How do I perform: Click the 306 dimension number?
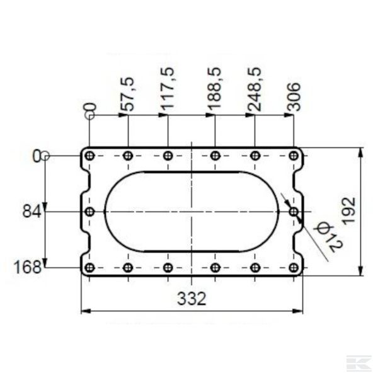[x=294, y=97]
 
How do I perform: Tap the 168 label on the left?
[x=29, y=268]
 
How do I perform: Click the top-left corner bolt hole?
[x=89, y=156]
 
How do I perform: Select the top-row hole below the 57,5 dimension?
[x=128, y=156]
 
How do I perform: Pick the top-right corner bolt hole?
[x=294, y=156]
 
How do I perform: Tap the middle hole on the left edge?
[x=89, y=212]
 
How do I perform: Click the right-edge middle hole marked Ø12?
[x=294, y=212]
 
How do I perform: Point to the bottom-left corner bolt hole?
[x=89, y=268]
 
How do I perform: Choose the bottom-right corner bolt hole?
[x=294, y=268]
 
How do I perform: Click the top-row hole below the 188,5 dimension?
[x=215, y=156]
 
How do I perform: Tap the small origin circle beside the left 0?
[x=47, y=156]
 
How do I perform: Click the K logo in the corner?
[x=358, y=364]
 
